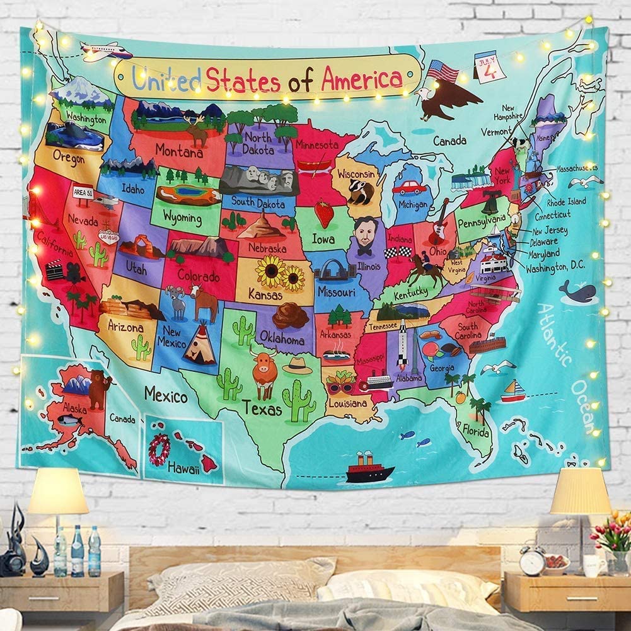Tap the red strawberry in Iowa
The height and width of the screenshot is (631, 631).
tap(324, 213)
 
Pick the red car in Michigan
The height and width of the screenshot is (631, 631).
tap(410, 187)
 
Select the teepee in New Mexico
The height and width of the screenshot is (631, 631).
tap(200, 345)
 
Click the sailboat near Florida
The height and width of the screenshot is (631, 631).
tap(513, 391)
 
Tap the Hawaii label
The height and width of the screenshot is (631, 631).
tap(183, 468)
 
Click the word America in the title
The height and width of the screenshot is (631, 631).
tap(361, 79)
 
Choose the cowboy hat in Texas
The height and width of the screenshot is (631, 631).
tap(298, 366)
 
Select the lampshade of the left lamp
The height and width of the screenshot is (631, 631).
tap(58, 491)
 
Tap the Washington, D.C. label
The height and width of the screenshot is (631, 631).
tap(555, 267)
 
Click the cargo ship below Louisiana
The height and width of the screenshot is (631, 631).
tap(370, 469)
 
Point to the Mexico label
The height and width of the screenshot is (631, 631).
tap(166, 396)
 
